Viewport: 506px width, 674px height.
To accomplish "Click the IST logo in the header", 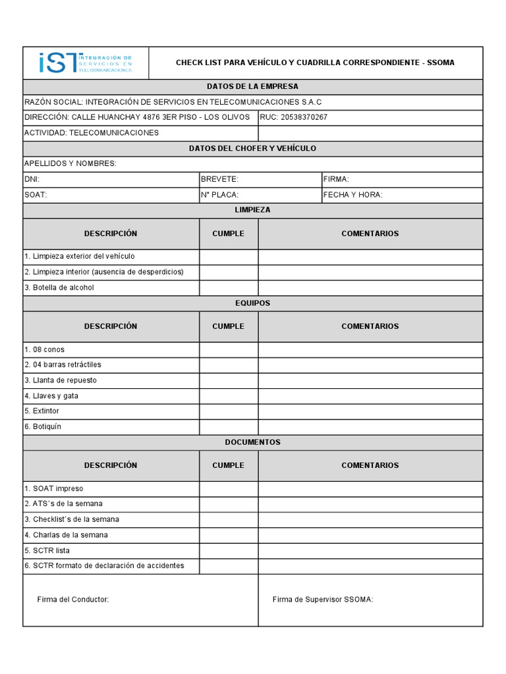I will [x=86, y=63].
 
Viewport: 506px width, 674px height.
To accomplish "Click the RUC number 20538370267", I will [x=304, y=117].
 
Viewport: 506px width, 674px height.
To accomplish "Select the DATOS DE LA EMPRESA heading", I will [x=252, y=87].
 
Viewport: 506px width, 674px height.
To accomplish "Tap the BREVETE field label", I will [x=219, y=179].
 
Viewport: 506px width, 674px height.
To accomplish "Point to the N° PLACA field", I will [x=219, y=195].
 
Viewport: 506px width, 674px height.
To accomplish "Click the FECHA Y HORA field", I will [x=352, y=195].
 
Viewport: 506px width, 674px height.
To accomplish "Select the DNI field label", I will [x=32, y=179].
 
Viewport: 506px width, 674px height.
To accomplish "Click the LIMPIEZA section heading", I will [x=252, y=210].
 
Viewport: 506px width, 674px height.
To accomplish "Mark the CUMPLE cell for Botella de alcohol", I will [x=229, y=288].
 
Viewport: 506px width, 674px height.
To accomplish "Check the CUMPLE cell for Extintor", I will [x=229, y=411].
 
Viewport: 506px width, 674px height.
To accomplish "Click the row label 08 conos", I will [x=45, y=350].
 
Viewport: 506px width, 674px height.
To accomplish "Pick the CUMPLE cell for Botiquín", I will [x=229, y=427].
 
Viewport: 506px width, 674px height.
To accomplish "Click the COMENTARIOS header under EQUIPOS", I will [x=370, y=326].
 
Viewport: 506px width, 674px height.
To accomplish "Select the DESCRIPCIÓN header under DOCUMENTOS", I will [x=111, y=465].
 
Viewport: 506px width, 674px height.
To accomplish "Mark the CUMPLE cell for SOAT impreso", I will [x=229, y=488].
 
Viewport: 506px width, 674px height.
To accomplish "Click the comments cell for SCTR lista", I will [x=370, y=550].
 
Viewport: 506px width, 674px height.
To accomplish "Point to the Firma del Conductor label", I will [x=73, y=600].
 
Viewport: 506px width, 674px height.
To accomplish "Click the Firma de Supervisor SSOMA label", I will [x=323, y=600].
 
